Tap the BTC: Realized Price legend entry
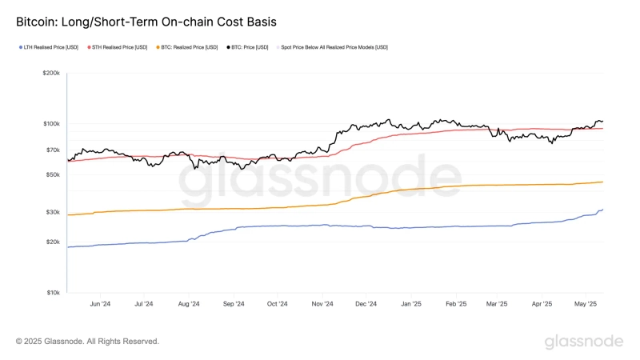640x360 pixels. coord(190,47)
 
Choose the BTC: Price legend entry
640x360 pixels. coord(250,47)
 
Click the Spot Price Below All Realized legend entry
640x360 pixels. coord(334,47)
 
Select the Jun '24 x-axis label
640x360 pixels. coord(99,304)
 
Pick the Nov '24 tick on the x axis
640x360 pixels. coord(322,304)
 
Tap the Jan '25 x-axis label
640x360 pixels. coord(411,304)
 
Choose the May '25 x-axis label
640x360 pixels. coord(586,304)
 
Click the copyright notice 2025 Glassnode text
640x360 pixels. coord(87,342)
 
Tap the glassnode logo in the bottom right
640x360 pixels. coord(583,342)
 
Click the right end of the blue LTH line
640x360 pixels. coord(602,210)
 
